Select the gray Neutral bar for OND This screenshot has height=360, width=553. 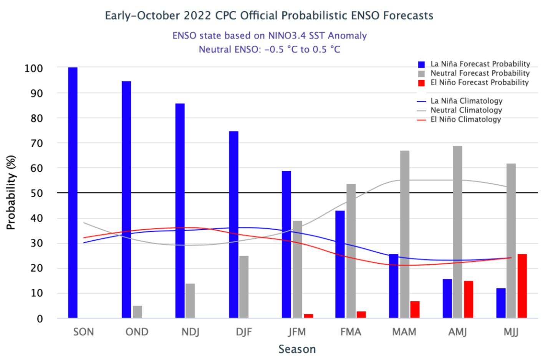(137, 312)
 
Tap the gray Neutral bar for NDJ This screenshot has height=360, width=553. (190, 301)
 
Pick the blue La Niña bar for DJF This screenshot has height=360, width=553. (233, 225)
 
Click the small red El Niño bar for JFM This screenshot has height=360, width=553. (309, 316)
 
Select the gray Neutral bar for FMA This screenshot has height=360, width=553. (351, 251)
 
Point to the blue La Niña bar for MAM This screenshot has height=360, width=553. (394, 286)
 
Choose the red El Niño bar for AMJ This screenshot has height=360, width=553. (469, 299)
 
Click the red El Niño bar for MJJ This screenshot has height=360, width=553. (522, 286)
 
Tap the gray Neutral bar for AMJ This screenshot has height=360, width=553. (457, 232)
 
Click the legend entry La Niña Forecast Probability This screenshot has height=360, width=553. (480, 64)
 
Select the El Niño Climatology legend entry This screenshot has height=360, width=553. (465, 119)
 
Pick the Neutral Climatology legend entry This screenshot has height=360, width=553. (466, 110)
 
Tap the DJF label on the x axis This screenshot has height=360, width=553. (244, 332)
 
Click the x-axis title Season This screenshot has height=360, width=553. (297, 349)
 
